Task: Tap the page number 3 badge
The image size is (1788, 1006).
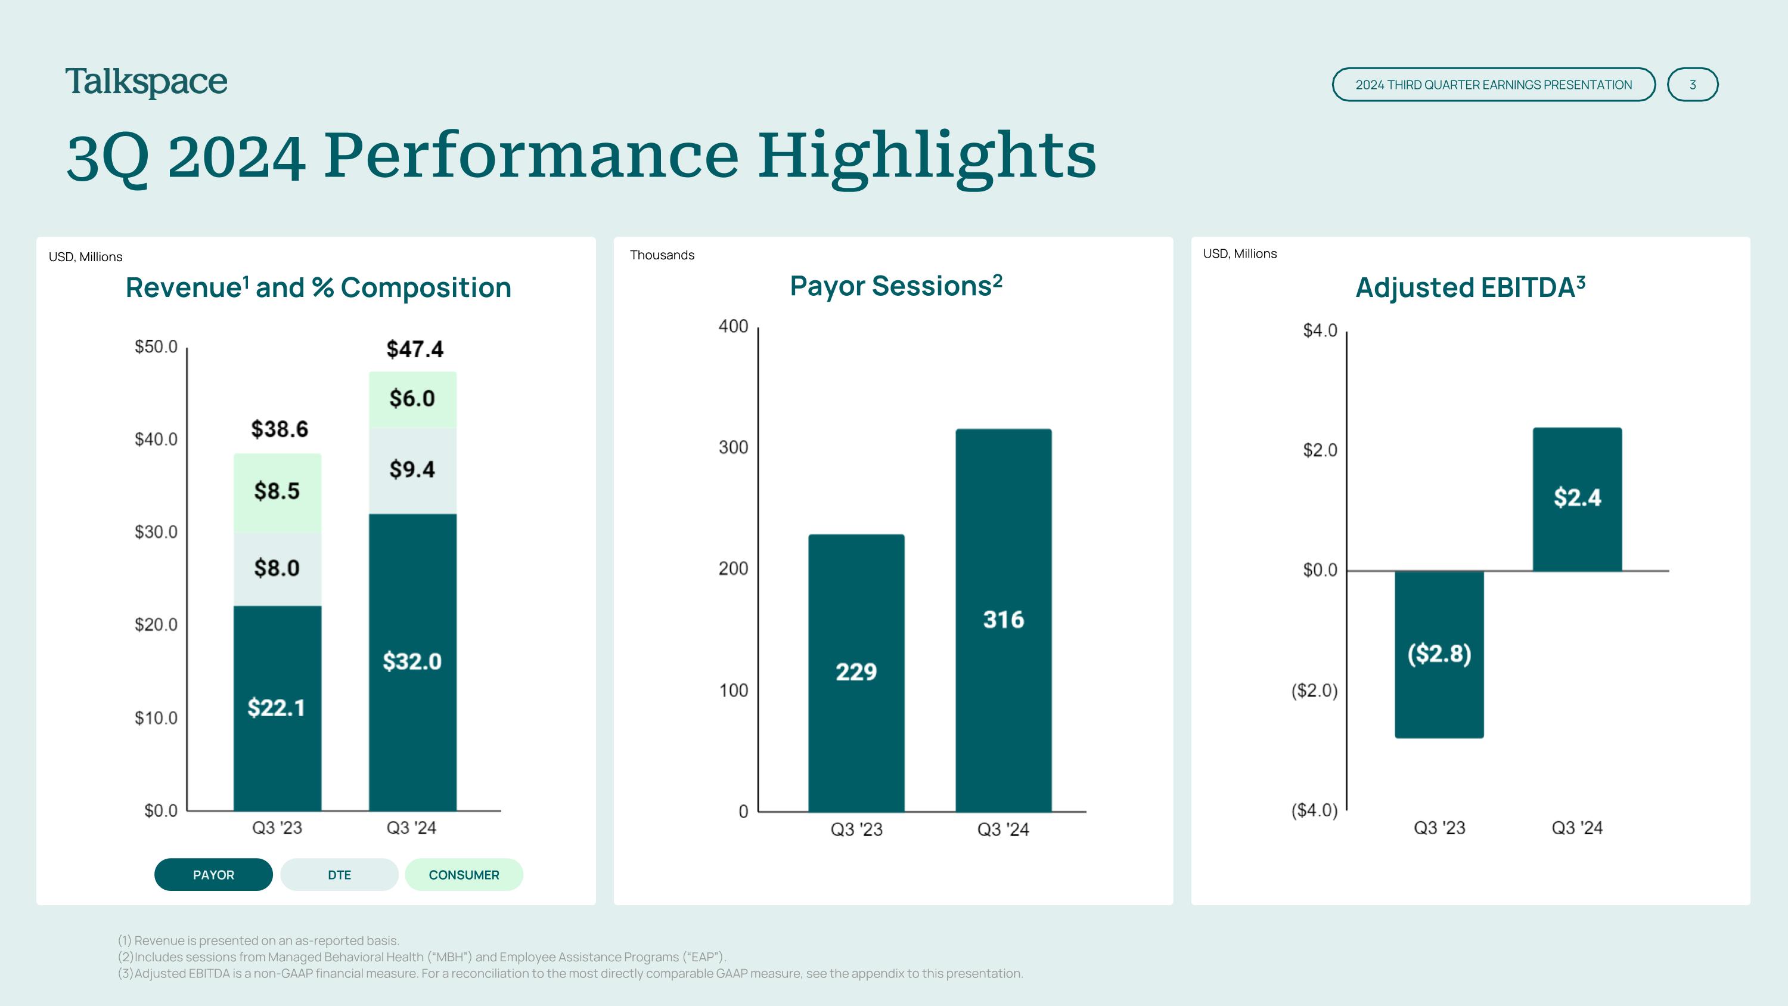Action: pyautogui.click(x=1692, y=85)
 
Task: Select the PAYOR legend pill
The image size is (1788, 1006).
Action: pyautogui.click(x=213, y=875)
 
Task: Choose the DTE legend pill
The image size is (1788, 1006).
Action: pyautogui.click(x=339, y=875)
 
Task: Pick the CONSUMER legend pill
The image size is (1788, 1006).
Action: pyautogui.click(x=464, y=875)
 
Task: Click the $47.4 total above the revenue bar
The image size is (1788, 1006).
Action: pyautogui.click(x=414, y=348)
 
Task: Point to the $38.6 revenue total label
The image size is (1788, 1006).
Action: pyautogui.click(x=279, y=429)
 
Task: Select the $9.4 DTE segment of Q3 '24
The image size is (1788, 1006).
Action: pyautogui.click(x=412, y=470)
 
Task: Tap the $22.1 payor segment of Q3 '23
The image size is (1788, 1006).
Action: pyautogui.click(x=277, y=707)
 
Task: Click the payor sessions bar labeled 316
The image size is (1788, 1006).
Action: pyautogui.click(x=1003, y=620)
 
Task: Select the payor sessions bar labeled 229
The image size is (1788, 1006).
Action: pyautogui.click(x=856, y=671)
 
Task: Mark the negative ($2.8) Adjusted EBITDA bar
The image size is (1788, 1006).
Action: pyautogui.click(x=1439, y=654)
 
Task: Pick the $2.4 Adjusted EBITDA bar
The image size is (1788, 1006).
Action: pyautogui.click(x=1577, y=498)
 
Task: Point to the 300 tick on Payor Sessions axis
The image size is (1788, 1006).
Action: pyautogui.click(x=733, y=447)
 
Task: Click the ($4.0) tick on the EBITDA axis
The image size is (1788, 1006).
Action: pyautogui.click(x=1314, y=810)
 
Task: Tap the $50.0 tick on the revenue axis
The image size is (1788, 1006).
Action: pyautogui.click(x=156, y=346)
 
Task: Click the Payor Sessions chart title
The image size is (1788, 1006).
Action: pyautogui.click(x=896, y=286)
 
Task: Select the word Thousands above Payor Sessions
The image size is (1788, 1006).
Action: pyautogui.click(x=662, y=255)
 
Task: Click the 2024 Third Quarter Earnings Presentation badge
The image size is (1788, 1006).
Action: pyautogui.click(x=1493, y=85)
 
